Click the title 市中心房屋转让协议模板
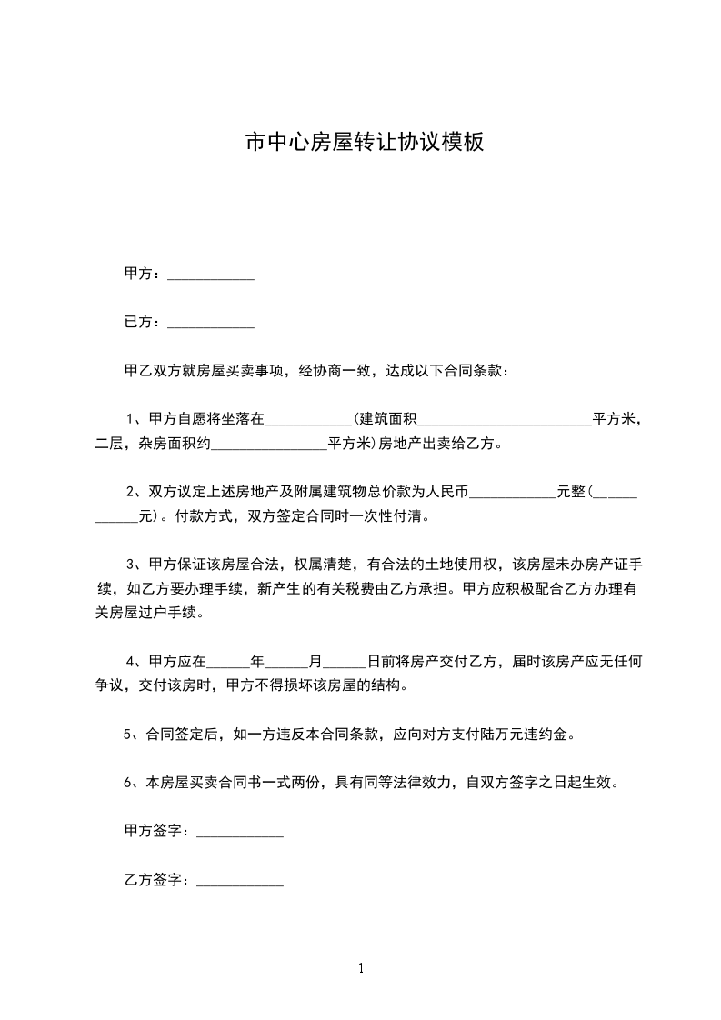coord(365,142)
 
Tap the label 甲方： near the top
coord(144,273)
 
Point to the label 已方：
coord(144,321)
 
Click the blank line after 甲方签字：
coord(240,832)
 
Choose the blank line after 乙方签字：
coord(240,881)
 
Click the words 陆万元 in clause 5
coord(497,734)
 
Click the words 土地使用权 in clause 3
coord(458,564)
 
